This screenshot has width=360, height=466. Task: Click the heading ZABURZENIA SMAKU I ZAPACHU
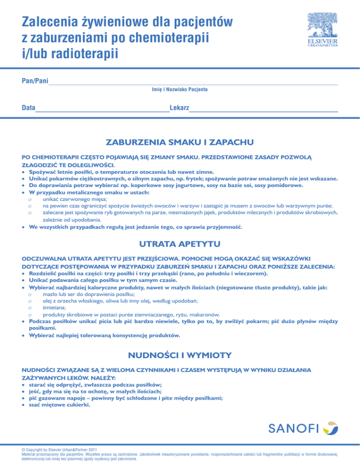[180, 141]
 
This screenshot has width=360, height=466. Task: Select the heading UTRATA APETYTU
[180, 244]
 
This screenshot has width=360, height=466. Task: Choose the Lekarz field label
[179, 108]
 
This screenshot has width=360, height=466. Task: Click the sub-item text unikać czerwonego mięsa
[77, 193]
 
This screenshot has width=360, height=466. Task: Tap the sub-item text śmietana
[56, 308]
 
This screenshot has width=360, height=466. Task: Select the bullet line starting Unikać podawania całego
[103, 280]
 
